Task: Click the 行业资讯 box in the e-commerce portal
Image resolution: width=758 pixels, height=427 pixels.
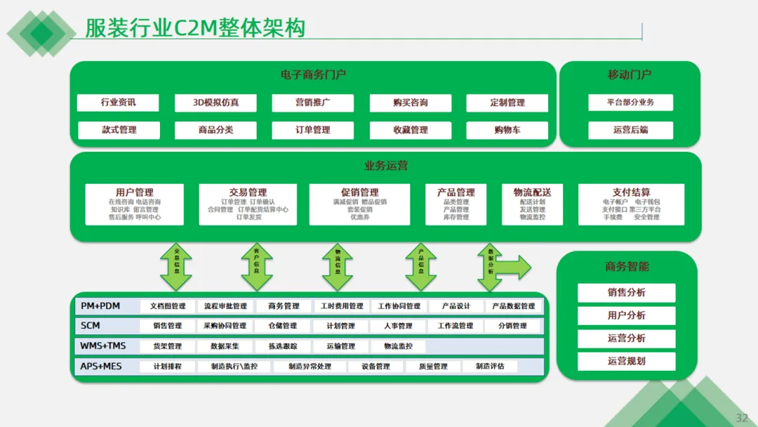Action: [x=118, y=103]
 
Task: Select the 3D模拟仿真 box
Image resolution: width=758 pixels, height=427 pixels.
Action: [x=215, y=103]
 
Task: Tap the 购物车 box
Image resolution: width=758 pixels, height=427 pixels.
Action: [x=507, y=130]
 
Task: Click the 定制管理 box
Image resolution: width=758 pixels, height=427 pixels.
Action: [x=507, y=103]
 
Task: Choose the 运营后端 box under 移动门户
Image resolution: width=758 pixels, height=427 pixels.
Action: [x=630, y=130]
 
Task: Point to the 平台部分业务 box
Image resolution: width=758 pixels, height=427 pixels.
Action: [x=630, y=103]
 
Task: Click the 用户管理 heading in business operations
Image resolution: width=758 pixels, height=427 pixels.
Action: [x=134, y=192]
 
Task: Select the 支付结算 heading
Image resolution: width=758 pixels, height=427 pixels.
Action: [x=631, y=192]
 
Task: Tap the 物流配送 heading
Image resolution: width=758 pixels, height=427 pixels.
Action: [x=532, y=192]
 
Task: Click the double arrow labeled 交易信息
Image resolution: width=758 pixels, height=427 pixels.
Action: [x=176, y=267]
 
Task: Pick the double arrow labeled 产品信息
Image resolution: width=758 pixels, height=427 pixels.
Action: [x=420, y=267]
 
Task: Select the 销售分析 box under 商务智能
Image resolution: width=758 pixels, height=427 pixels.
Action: [x=626, y=293]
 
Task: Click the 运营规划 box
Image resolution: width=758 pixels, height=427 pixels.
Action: [x=626, y=361]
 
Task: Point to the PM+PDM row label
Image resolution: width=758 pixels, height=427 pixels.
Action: [x=100, y=306]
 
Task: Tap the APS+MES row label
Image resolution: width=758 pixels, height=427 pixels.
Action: [x=101, y=366]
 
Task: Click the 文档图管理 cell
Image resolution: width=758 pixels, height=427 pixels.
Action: [x=164, y=306]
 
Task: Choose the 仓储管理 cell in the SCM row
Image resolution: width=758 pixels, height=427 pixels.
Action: [x=282, y=326]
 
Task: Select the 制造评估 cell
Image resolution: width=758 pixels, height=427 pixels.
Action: [x=489, y=367]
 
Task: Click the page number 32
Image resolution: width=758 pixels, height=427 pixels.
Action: [x=741, y=418]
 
